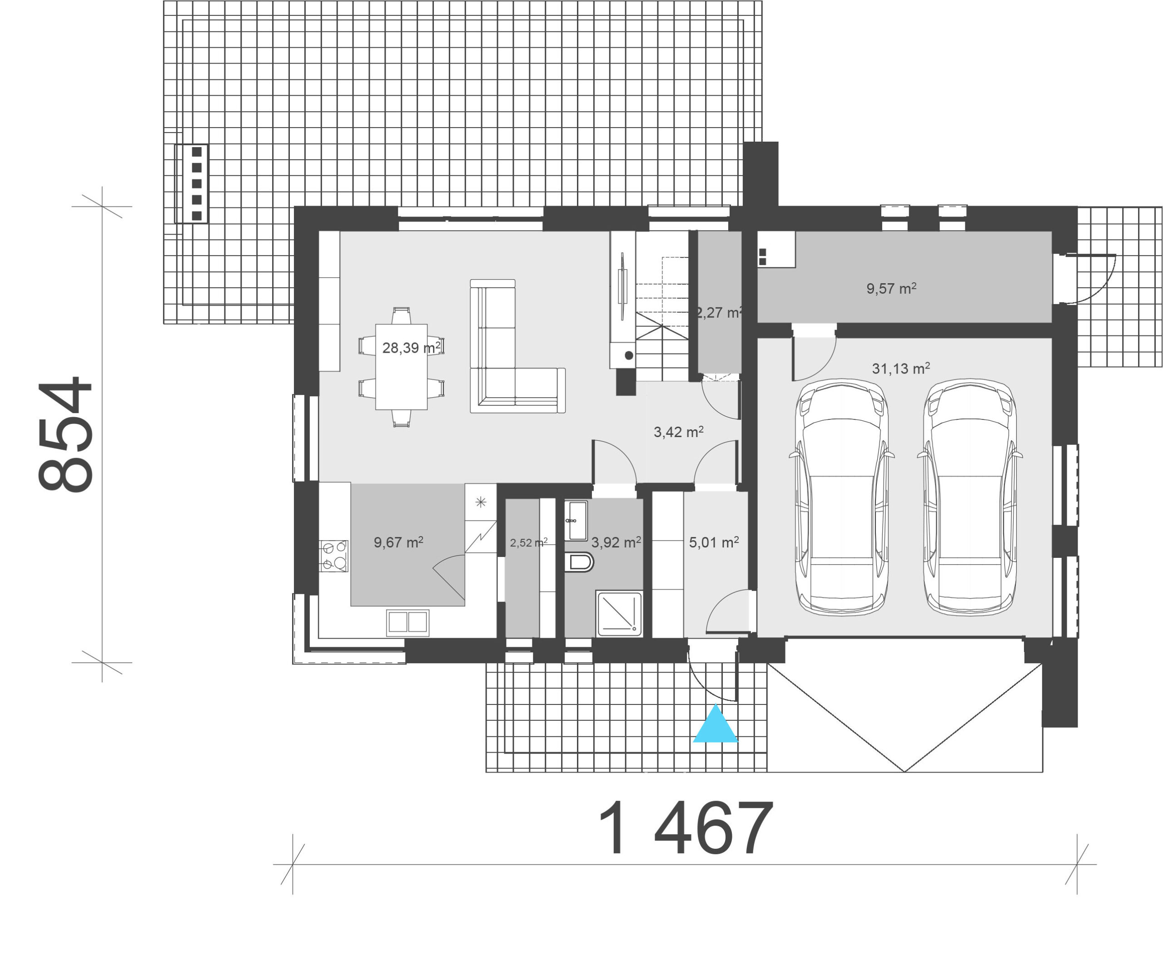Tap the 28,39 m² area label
coord(412,348)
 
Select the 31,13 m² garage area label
coord(900,368)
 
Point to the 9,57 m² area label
coord(891,288)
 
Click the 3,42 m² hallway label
coord(678,432)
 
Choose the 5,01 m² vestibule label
coord(714,542)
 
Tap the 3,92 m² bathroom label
coord(616,542)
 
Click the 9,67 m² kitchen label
coord(398,542)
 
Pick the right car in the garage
coord(969,497)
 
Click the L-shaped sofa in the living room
coord(517,346)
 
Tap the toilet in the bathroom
coord(579,562)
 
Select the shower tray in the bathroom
coord(619,613)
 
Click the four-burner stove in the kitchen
coord(333,556)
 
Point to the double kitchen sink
coord(408,622)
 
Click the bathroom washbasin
coord(576,521)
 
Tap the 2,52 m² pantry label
coord(529,543)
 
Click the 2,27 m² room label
coord(719,313)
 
